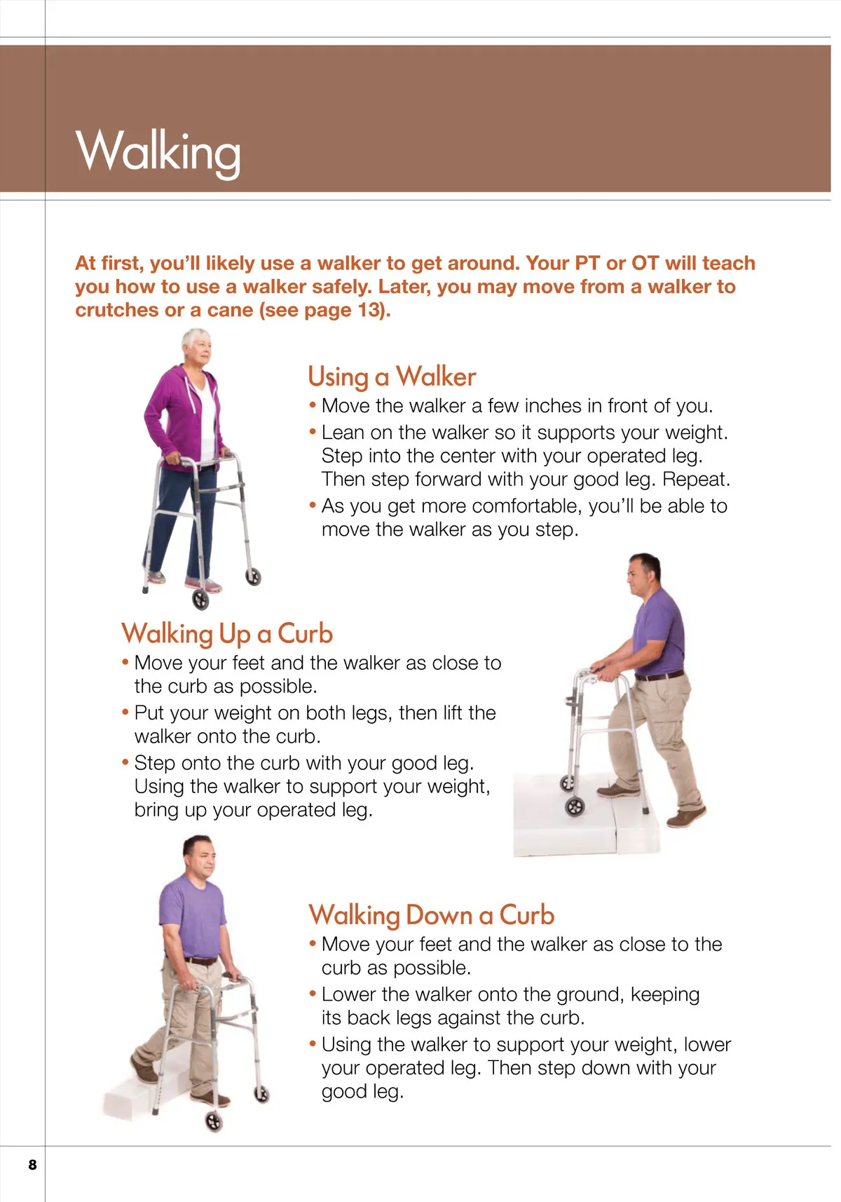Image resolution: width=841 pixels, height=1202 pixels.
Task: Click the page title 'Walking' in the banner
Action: [x=158, y=152]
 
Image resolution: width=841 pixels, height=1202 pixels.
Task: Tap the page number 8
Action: [x=33, y=1164]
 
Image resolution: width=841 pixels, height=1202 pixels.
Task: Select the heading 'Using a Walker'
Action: [x=392, y=377]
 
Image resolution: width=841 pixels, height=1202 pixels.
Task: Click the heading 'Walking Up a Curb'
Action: [x=227, y=634]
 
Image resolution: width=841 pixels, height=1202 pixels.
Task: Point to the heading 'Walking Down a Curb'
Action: [x=431, y=915]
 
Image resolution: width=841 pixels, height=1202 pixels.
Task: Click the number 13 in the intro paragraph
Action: [x=369, y=310]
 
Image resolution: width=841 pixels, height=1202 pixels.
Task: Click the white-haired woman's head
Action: [x=196, y=347]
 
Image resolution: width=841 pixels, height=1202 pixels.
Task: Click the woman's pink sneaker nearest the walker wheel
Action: [x=203, y=583]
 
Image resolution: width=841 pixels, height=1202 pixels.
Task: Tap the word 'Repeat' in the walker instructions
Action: [x=695, y=480]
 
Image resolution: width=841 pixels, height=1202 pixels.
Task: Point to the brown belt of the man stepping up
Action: [x=659, y=675]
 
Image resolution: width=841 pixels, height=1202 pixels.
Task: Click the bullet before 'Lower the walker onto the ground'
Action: [x=313, y=993]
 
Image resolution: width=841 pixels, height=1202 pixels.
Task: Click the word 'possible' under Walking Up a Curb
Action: [x=278, y=687]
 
